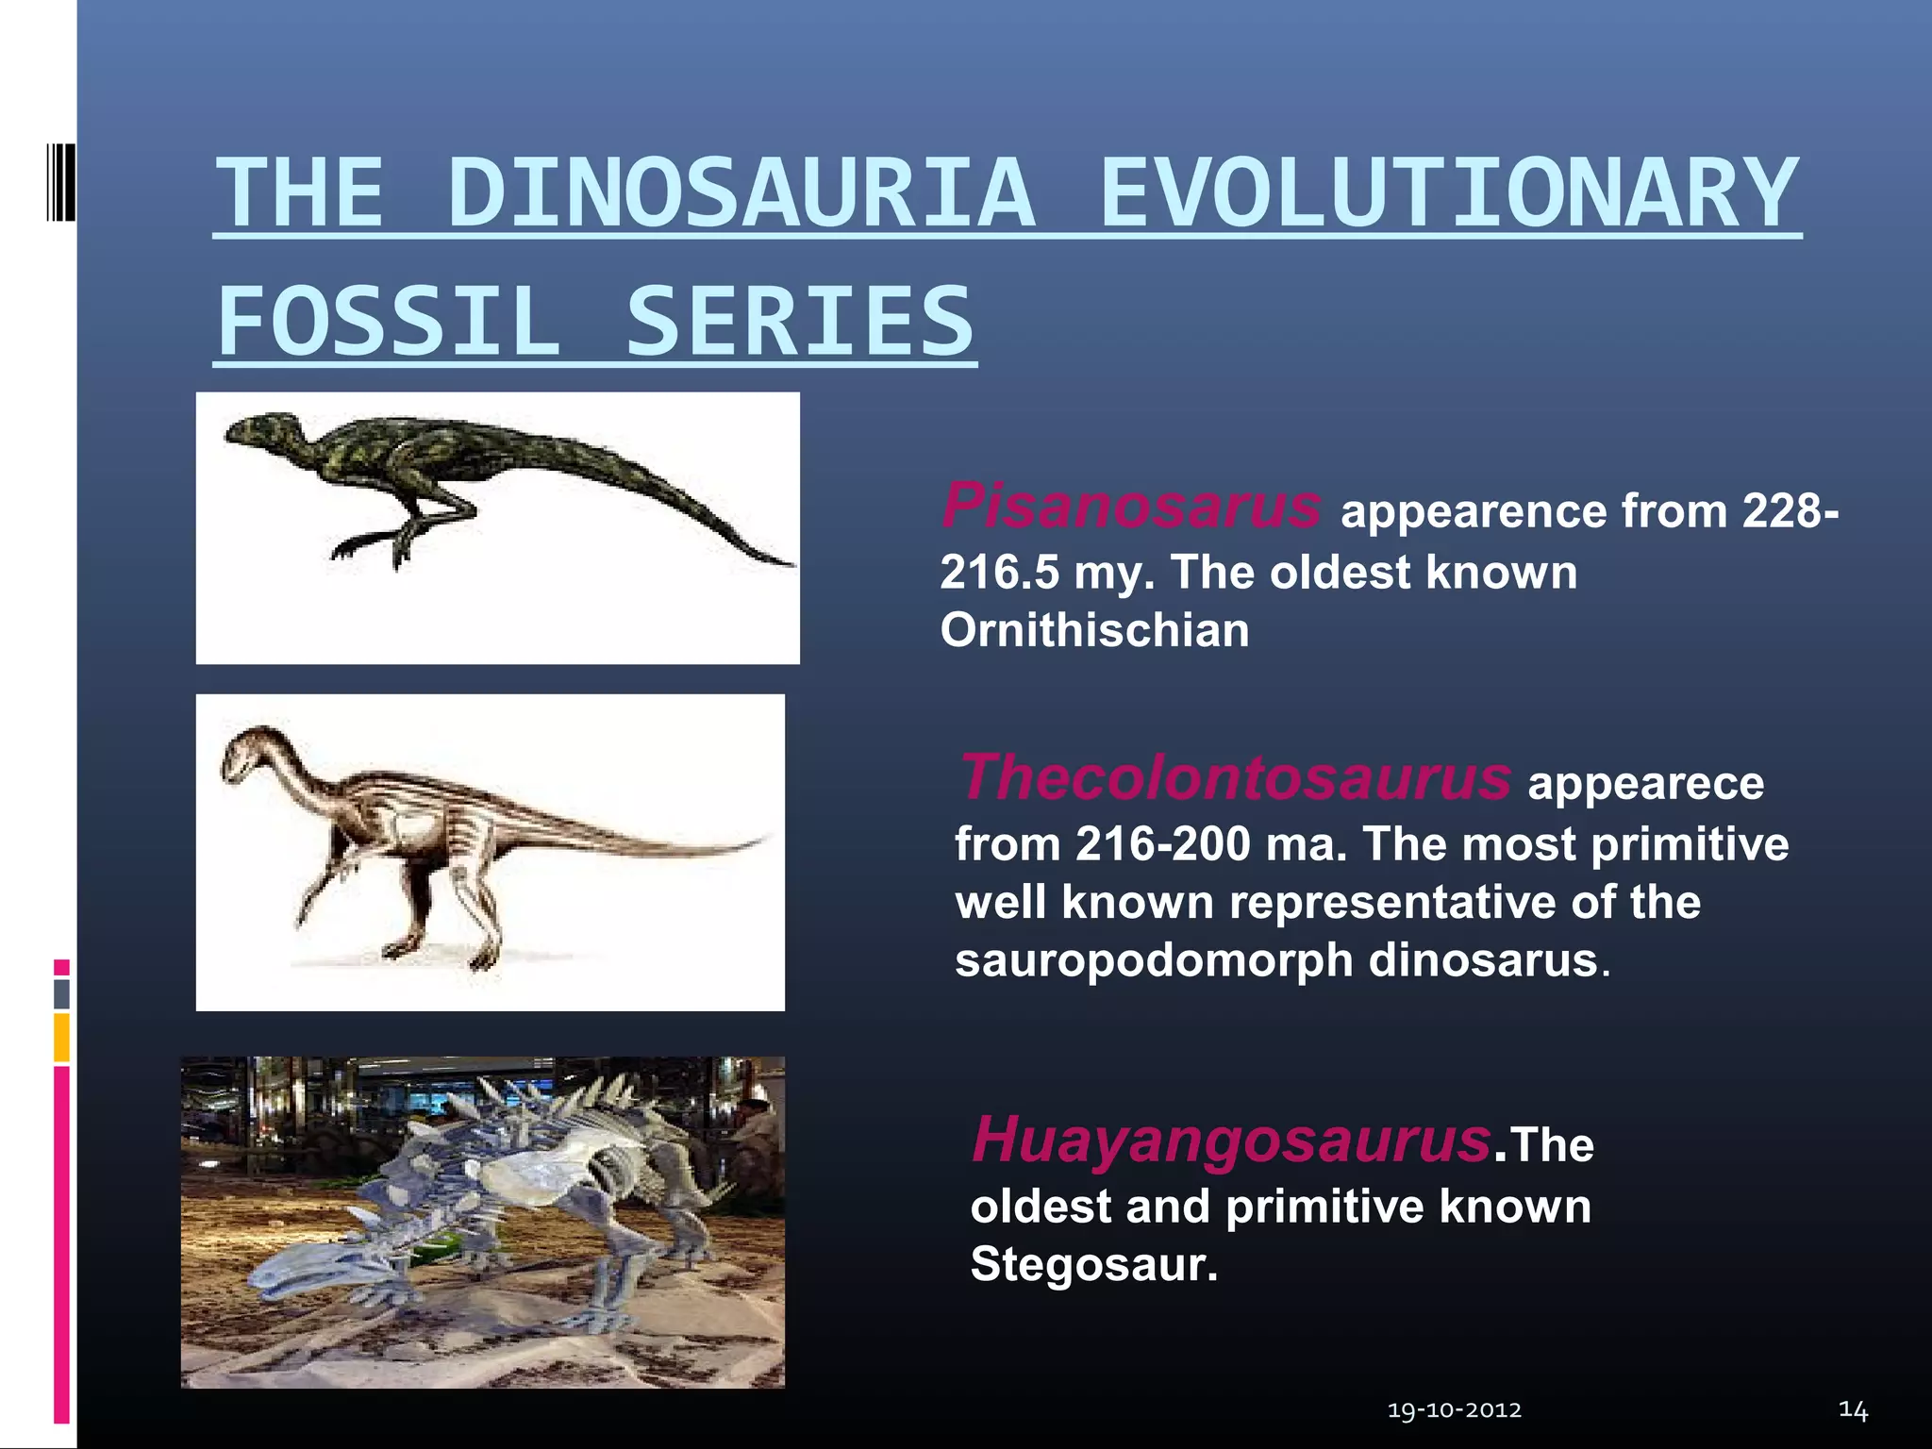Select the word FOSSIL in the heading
[390, 323]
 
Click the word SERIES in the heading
[799, 323]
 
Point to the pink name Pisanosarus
[1131, 506]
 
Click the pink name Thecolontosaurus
[1235, 778]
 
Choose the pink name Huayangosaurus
[1231, 1140]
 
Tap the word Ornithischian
[1094, 630]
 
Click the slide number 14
[1853, 1410]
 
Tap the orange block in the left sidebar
[61, 1037]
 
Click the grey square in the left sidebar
[61, 993]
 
